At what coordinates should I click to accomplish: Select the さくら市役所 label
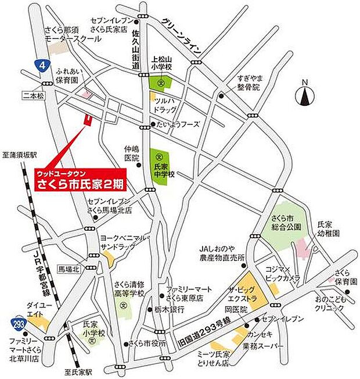pos(149,342)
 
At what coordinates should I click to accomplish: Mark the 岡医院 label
pos(236,310)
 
